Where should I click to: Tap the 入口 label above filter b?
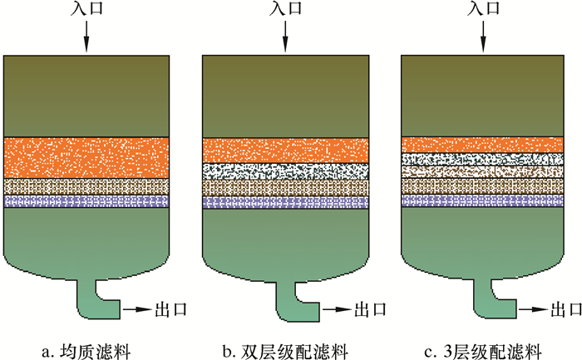285,10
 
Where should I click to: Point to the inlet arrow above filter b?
285,37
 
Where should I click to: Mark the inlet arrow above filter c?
483,37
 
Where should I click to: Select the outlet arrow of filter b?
338,309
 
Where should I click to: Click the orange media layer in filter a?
87,157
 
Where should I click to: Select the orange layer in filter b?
286,150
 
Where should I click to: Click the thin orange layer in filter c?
484,144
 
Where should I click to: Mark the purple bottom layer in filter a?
87,201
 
